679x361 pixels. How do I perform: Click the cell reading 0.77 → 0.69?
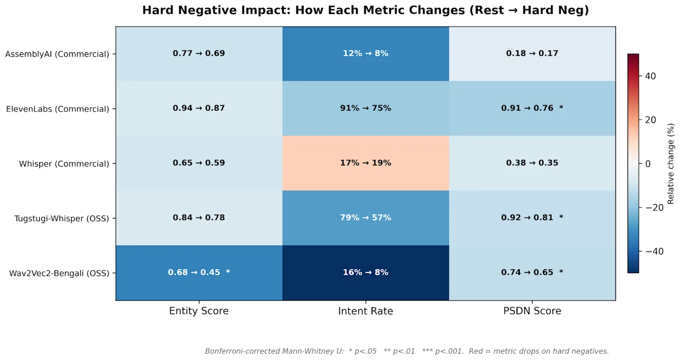pyautogui.click(x=199, y=54)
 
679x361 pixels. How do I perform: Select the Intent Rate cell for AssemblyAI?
pyautogui.click(x=366, y=54)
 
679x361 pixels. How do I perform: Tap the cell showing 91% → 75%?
pyautogui.click(x=366, y=109)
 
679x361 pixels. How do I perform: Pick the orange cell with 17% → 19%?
pyautogui.click(x=366, y=163)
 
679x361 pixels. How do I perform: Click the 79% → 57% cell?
pyautogui.click(x=366, y=218)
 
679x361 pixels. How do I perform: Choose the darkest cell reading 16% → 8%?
pyautogui.click(x=366, y=273)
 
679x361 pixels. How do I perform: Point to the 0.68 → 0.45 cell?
pyautogui.click(x=199, y=273)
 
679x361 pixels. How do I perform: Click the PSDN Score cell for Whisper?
pyautogui.click(x=533, y=163)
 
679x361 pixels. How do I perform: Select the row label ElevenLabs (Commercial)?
pyautogui.click(x=58, y=109)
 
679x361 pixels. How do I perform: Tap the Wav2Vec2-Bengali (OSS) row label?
pyautogui.click(x=59, y=273)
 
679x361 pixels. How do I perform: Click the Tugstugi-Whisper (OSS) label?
pyautogui.click(x=62, y=219)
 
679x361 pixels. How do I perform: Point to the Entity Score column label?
pyautogui.click(x=199, y=311)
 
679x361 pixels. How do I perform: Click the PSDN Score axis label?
pyautogui.click(x=533, y=311)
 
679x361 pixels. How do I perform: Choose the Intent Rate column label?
pyautogui.click(x=366, y=311)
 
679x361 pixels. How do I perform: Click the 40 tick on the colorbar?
pyautogui.click(x=650, y=76)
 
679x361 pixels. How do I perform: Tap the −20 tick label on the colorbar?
pyautogui.click(x=654, y=208)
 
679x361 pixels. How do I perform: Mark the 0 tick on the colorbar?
pyautogui.click(x=648, y=164)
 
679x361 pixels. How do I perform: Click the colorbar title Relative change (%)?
pyautogui.click(x=670, y=164)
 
